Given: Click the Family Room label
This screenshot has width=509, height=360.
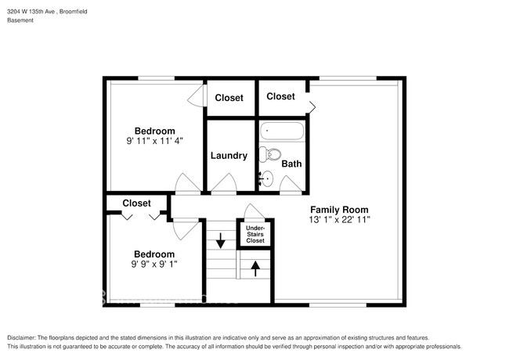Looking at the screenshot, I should [338, 210].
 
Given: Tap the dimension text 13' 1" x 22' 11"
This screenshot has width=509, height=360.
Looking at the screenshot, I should [338, 220].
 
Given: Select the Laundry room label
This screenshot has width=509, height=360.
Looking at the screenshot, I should [229, 156].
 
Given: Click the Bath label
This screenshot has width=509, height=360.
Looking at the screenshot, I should [291, 164].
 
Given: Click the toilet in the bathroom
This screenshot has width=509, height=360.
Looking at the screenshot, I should [269, 153].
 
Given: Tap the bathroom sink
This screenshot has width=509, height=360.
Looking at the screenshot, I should [266, 178].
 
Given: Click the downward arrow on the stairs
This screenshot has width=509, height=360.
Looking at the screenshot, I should [221, 239].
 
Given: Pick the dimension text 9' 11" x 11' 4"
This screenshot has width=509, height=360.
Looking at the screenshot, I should [154, 142].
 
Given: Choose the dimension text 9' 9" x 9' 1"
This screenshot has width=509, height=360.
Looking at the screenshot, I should [153, 264].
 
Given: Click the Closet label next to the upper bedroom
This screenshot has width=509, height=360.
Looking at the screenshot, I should [229, 98].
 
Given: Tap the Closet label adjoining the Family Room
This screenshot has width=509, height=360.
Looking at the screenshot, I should [280, 96].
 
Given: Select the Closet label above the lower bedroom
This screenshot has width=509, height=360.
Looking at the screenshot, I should [136, 203].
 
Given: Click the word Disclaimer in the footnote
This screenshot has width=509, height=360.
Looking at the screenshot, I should [24, 337].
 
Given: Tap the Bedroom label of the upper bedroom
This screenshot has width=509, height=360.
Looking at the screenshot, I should [154, 131].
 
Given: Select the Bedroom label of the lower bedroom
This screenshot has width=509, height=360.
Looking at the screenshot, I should [153, 254].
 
